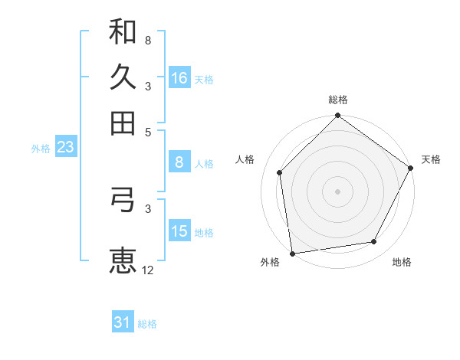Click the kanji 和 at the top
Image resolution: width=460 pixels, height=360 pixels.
pos(123,31)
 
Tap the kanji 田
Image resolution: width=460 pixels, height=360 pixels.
pos(123,122)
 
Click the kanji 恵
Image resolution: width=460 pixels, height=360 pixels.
pos(123,260)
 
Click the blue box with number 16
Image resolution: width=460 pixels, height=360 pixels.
pos(179,78)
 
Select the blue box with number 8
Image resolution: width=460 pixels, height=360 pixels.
pos(179,162)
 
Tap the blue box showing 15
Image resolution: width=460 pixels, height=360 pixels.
pos(179,231)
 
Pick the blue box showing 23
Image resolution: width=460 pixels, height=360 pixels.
pos(65,147)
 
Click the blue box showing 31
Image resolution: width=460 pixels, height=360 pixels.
pos(123,323)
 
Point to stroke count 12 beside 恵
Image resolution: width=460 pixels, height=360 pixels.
pos(148,270)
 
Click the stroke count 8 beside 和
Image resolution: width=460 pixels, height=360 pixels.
pos(148,40)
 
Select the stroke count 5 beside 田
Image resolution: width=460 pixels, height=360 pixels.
pos(148,132)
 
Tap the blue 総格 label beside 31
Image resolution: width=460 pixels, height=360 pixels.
pos(147,324)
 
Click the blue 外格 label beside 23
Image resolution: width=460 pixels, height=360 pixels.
pos(40,149)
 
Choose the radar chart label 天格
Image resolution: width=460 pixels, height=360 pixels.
pos(431,159)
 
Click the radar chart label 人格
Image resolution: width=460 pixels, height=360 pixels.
pos(245,159)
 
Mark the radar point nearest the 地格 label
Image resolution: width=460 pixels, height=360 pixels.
pos(374,242)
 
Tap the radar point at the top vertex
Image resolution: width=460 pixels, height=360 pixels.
pos(337,116)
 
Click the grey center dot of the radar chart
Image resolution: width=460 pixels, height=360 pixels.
pos(337,191)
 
